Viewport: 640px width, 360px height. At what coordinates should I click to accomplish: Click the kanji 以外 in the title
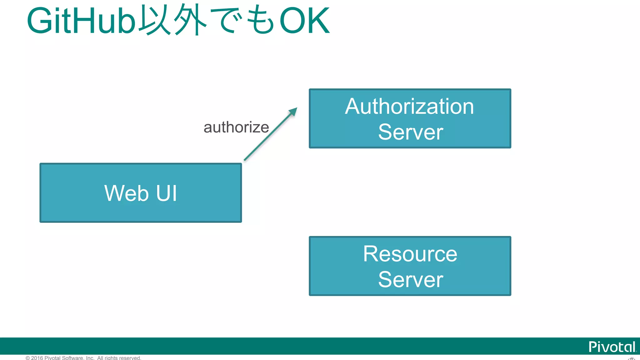(x=173, y=20)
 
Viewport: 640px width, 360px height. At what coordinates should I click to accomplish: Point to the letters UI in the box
(x=167, y=193)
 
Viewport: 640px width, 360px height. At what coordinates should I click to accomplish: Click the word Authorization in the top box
(x=409, y=107)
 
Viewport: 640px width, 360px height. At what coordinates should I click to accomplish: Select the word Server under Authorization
(x=410, y=132)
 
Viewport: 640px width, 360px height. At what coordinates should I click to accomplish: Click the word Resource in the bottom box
(x=410, y=254)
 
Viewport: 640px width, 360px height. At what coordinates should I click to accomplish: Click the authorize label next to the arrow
(x=236, y=127)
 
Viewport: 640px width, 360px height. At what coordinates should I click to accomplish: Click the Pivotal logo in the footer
(x=612, y=347)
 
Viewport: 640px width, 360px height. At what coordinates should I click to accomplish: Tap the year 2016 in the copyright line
(x=37, y=358)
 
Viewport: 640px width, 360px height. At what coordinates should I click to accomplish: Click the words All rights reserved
(x=119, y=358)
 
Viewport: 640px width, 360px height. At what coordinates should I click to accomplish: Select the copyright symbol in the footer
(x=28, y=358)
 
